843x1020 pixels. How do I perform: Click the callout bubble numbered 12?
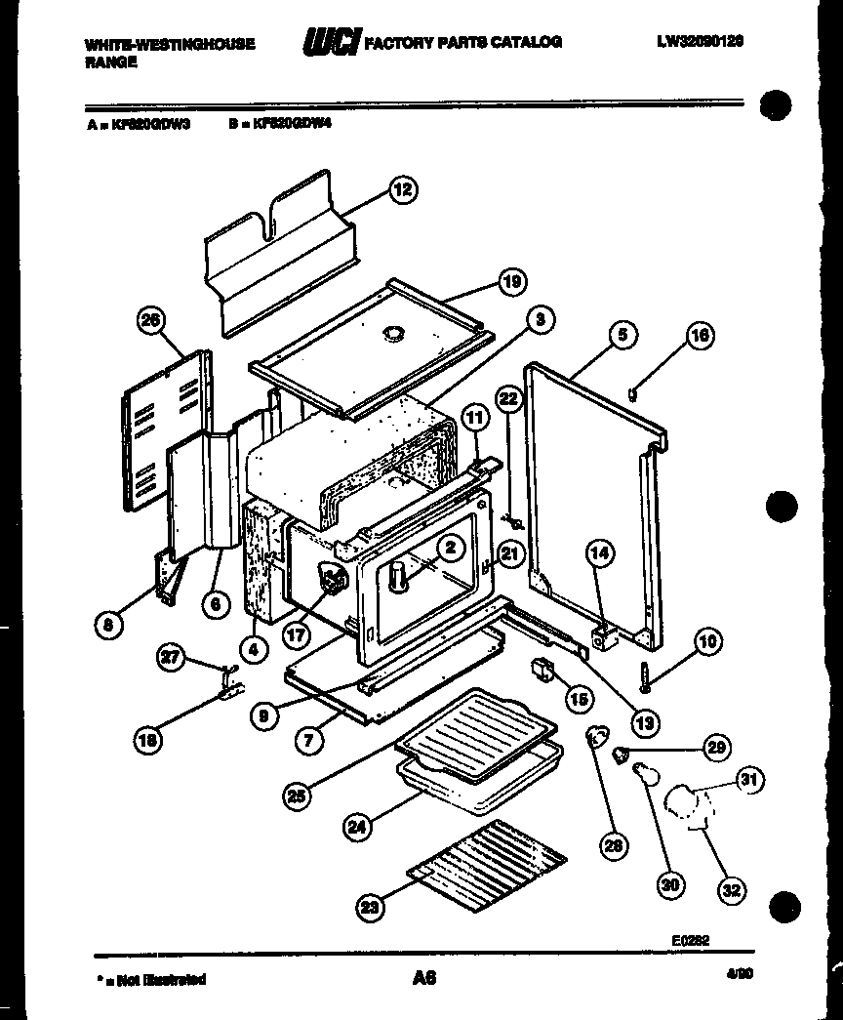click(402, 189)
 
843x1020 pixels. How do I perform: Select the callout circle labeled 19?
click(511, 282)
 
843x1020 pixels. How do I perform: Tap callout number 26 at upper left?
click(151, 323)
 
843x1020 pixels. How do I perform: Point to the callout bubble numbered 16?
click(700, 337)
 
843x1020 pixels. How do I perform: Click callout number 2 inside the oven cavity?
click(449, 549)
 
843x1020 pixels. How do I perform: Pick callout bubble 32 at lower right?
click(732, 889)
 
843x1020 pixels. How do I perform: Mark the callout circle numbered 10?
click(707, 641)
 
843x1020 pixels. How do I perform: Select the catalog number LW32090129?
click(701, 42)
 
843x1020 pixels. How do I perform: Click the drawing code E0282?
click(690, 940)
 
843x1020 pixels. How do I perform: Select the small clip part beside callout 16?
click(633, 392)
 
